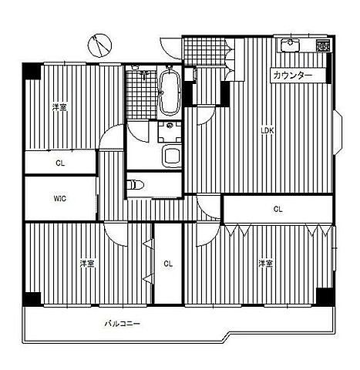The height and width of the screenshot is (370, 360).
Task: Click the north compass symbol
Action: [100, 45]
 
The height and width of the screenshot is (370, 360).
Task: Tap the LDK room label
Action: [267, 130]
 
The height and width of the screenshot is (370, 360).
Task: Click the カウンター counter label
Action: [293, 76]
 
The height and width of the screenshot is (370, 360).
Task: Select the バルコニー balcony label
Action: [123, 323]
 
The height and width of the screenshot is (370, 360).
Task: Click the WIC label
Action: [60, 198]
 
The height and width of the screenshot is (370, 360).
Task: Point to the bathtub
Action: [170, 92]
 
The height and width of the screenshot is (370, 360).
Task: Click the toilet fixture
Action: [136, 184]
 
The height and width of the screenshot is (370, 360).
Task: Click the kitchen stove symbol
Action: [323, 45]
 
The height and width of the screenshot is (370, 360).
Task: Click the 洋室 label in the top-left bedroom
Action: [59, 107]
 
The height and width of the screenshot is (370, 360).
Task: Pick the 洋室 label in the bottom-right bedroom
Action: [266, 264]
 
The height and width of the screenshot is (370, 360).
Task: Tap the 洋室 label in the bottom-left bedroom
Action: [87, 264]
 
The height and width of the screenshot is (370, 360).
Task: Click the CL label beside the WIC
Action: [60, 163]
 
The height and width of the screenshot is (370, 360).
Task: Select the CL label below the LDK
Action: [278, 209]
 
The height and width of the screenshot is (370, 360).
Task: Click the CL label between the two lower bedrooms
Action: [168, 264]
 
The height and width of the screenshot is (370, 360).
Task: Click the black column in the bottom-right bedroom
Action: [325, 297]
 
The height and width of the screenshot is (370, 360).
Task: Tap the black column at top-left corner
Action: [32, 72]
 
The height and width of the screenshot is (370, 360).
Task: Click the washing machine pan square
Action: [170, 132]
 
